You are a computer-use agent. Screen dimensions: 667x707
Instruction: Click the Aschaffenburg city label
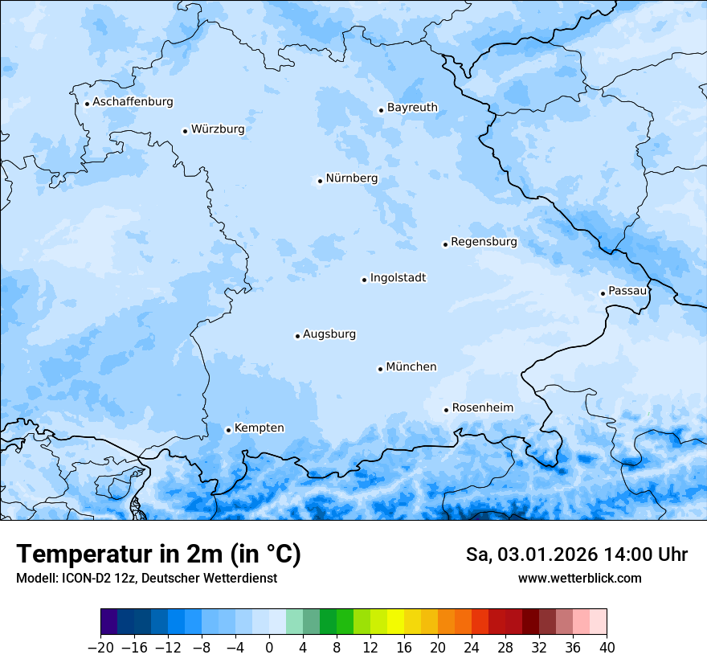click(x=133, y=102)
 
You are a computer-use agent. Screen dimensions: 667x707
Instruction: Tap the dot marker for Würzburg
click(x=185, y=131)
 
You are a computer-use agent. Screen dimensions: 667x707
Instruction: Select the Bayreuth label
click(x=412, y=108)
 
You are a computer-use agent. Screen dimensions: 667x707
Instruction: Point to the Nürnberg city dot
click(x=320, y=181)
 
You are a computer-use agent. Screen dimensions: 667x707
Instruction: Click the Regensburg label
click(x=484, y=242)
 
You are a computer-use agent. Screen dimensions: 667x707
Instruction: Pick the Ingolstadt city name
click(x=398, y=278)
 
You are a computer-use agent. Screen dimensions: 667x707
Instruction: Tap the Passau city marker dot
click(x=603, y=293)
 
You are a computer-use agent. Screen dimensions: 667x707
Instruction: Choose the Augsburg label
click(x=329, y=334)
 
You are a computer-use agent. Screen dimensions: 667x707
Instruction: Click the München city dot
click(x=380, y=369)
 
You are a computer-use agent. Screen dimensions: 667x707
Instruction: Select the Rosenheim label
click(x=482, y=408)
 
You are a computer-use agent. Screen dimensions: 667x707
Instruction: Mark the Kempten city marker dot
click(x=228, y=430)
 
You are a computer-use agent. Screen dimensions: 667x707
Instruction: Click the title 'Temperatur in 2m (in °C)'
click(x=158, y=554)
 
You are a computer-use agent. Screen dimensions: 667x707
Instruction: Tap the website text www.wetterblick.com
click(x=579, y=578)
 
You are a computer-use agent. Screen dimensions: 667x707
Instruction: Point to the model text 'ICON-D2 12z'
click(x=92, y=578)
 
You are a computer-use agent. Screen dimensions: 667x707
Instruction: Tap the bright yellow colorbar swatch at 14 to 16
click(x=395, y=622)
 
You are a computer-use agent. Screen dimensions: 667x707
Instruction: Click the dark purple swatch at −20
click(x=108, y=622)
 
